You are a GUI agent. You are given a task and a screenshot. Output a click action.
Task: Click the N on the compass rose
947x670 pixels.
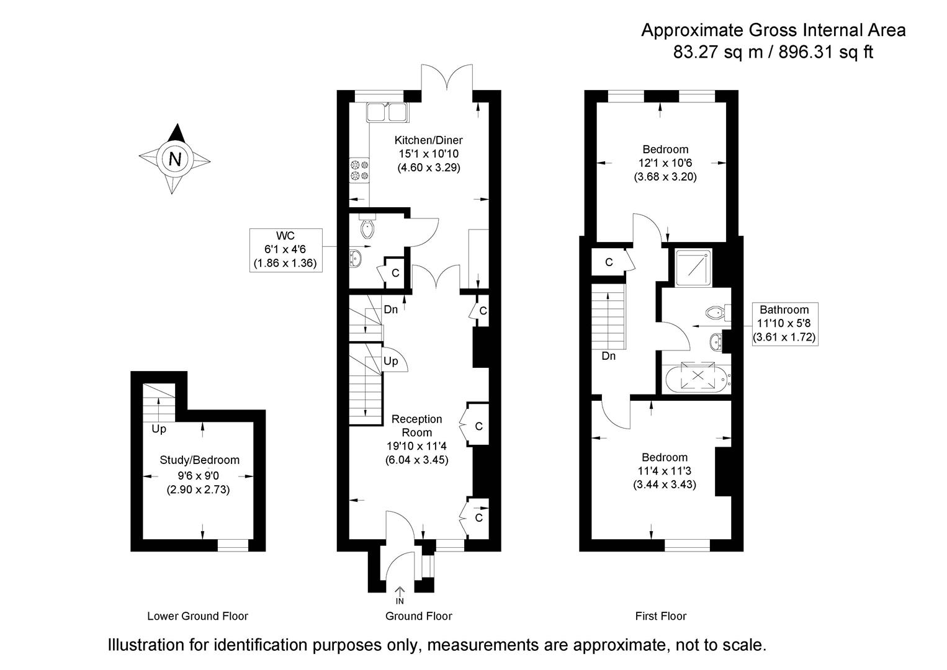coord(175,159)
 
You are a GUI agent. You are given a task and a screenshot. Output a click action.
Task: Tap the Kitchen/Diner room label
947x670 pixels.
coord(428,140)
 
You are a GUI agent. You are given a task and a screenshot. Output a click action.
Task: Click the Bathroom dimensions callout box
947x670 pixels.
coord(784,324)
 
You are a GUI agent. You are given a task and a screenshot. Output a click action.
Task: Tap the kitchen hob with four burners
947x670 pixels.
coord(359,171)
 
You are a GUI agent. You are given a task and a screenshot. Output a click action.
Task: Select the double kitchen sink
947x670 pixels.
coord(387,112)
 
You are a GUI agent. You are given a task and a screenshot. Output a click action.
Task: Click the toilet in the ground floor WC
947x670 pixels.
coord(367,228)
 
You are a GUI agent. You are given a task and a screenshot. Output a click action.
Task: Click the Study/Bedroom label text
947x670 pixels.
coord(199,460)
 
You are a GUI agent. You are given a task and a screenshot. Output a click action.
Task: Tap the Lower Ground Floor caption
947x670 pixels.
coord(197,616)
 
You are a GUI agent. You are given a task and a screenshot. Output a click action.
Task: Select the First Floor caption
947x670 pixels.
coord(661,616)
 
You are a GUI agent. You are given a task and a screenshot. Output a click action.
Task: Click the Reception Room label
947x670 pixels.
coord(416,426)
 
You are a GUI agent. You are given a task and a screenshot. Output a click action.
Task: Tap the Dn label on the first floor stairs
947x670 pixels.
coord(609,356)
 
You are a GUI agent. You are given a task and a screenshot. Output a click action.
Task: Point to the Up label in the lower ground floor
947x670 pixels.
coord(159,429)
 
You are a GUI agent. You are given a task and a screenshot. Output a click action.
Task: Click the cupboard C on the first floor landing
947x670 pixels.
coord(609,262)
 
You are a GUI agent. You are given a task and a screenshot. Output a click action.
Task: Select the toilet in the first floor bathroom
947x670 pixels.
coord(716,311)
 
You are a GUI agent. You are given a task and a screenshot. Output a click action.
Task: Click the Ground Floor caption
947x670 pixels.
coord(418,616)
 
